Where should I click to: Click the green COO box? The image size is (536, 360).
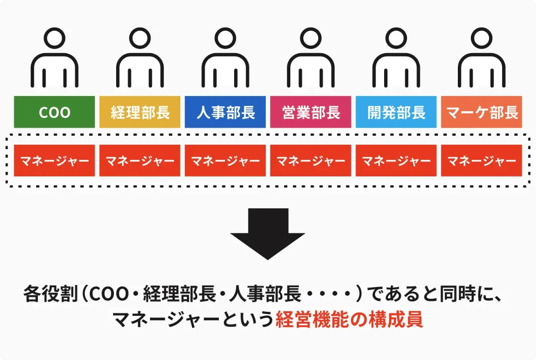[x=54, y=112]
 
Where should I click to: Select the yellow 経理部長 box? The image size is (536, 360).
[x=140, y=112]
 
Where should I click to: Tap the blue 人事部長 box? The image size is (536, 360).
[x=226, y=112]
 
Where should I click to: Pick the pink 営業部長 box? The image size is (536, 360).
[x=311, y=112]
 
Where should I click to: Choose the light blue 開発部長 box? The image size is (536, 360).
[x=396, y=112]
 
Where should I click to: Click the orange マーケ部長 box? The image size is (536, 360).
[x=482, y=112]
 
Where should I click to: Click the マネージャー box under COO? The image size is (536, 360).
[x=54, y=160]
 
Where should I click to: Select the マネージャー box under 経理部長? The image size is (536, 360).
[x=140, y=160]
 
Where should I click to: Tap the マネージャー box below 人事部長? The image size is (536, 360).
[x=226, y=160]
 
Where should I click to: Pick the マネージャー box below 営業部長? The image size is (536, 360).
[x=311, y=160]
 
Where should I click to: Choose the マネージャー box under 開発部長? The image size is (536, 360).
[x=396, y=160]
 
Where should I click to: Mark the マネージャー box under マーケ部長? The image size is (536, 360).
[x=482, y=160]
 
